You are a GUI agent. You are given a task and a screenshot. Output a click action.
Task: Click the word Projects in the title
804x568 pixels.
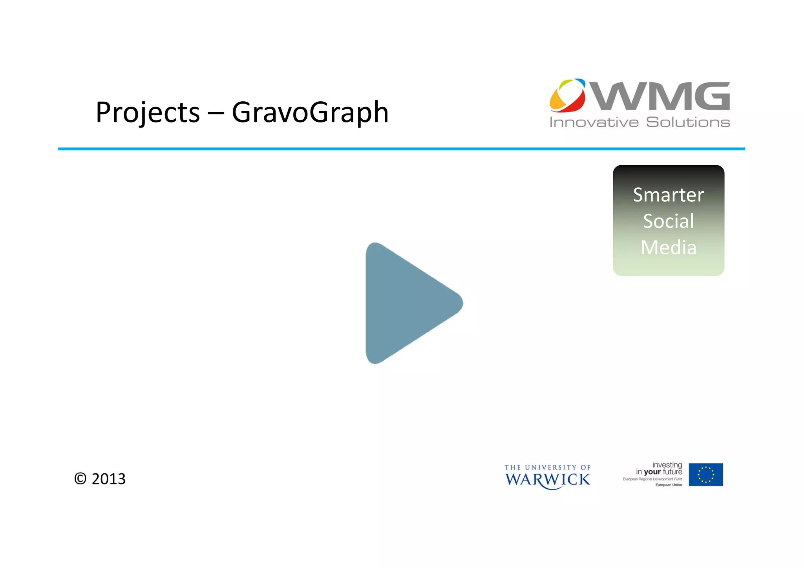coord(148,113)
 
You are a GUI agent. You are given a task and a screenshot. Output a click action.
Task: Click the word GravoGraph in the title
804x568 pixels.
coord(310,113)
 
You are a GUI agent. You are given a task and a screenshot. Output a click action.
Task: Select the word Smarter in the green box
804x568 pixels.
coord(668,195)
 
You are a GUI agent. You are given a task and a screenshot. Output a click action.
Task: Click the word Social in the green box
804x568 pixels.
coord(668,221)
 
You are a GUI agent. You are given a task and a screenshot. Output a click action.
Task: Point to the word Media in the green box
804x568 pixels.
coord(668,247)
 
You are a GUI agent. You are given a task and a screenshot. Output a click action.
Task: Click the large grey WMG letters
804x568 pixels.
coord(661,96)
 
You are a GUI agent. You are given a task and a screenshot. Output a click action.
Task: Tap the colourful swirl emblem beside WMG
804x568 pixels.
coord(567,95)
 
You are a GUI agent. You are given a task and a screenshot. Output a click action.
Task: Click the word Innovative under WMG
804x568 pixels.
coord(594,122)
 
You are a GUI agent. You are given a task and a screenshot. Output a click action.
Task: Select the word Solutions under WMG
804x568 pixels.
coord(688,122)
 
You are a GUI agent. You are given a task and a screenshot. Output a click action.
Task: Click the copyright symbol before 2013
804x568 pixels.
coord(80,479)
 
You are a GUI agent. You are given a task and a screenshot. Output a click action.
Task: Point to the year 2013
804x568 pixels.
coord(109,479)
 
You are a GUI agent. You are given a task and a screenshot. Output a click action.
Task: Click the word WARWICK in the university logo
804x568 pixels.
coord(547,480)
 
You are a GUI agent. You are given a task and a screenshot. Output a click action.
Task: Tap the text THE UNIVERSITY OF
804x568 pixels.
coord(547,468)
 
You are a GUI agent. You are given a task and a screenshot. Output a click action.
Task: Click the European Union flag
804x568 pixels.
coord(705,475)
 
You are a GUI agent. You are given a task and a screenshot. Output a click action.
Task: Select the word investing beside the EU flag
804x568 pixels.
coord(667,465)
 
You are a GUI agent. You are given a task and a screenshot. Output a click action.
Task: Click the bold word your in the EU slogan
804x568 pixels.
coord(652,472)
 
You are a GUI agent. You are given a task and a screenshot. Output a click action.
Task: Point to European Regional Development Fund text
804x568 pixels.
coord(652,479)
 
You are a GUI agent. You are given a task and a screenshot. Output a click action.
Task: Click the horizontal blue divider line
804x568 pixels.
coord(401,149)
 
